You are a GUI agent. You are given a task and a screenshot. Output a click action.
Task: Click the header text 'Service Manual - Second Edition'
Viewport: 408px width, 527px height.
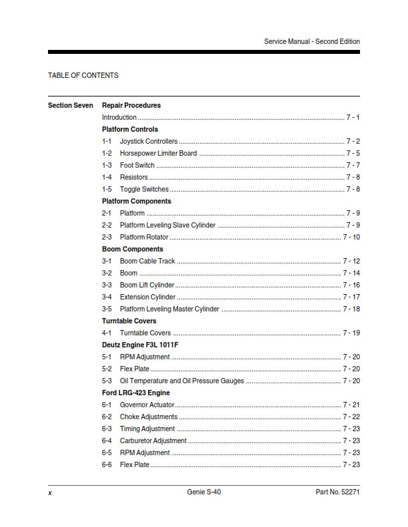click(311, 41)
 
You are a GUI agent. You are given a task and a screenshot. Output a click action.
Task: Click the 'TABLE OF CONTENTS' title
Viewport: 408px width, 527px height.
click(83, 76)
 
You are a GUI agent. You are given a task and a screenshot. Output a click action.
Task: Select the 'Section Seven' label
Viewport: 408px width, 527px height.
click(71, 105)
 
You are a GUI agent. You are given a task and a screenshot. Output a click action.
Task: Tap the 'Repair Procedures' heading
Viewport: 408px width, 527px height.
click(131, 105)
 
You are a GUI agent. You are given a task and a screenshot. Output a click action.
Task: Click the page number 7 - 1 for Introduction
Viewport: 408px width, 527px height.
click(353, 118)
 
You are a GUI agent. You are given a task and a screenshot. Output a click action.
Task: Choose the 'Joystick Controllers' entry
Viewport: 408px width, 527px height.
click(149, 142)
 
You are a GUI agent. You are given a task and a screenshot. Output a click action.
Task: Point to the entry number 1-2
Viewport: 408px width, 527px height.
click(107, 154)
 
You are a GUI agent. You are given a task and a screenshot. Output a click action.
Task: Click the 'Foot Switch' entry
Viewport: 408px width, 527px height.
click(137, 166)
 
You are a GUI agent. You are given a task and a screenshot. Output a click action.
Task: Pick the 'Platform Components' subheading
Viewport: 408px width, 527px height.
click(136, 201)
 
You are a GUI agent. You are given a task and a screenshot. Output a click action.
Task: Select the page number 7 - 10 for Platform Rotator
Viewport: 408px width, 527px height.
click(351, 238)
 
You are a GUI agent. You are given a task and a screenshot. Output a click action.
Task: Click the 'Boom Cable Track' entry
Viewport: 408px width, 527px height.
click(147, 262)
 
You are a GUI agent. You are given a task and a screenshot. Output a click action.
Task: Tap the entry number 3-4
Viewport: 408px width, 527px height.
click(107, 297)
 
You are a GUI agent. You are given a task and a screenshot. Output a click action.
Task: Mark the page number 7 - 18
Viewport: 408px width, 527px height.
click(351, 309)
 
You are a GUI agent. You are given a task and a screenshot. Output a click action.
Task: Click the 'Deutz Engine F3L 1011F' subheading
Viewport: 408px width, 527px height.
click(140, 345)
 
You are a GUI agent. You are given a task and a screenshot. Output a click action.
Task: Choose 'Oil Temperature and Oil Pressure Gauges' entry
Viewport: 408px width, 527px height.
click(182, 381)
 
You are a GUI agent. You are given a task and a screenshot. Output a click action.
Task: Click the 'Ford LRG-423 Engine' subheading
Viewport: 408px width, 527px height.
click(136, 393)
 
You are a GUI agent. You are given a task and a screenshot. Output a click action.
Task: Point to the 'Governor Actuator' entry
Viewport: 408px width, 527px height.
click(147, 405)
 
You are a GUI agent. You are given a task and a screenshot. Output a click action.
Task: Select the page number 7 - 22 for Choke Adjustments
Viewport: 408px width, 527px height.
click(351, 417)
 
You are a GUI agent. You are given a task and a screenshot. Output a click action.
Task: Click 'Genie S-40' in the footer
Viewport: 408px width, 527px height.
click(204, 492)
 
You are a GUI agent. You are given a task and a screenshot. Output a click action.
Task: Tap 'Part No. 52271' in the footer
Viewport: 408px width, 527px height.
click(337, 492)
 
